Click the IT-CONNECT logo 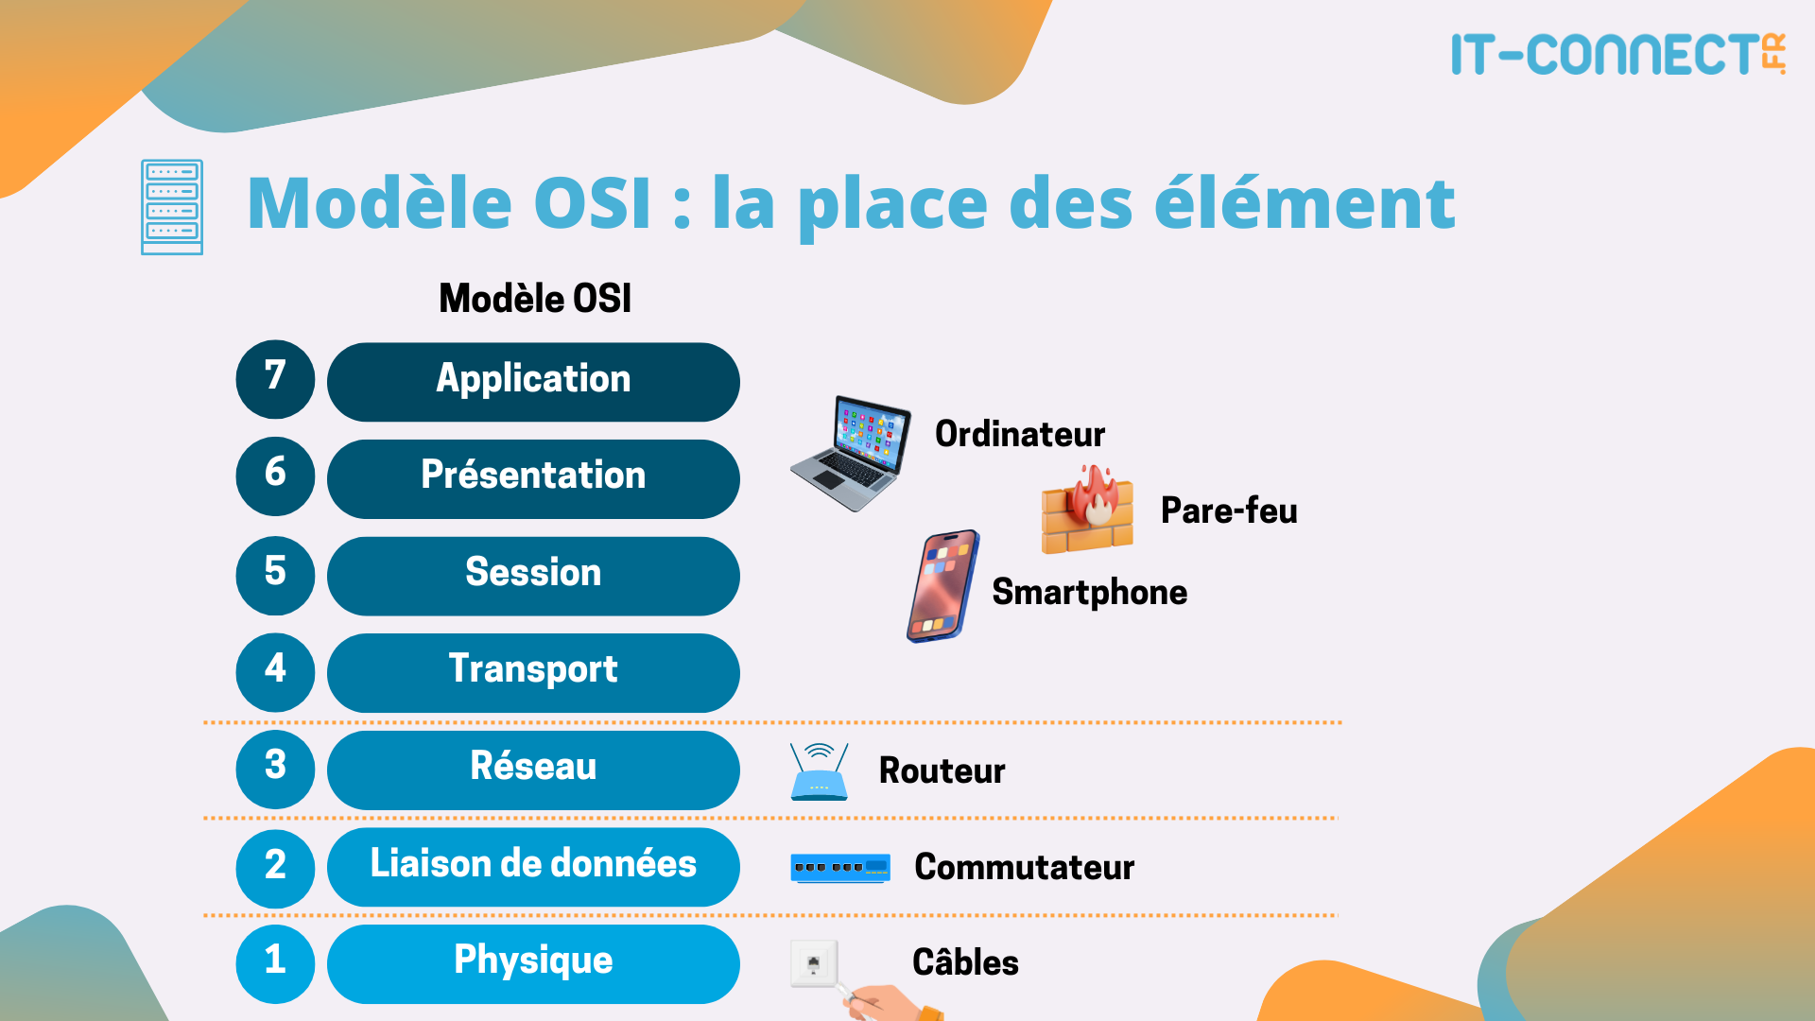[x=1617, y=54]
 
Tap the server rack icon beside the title [x=172, y=207]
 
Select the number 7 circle [x=275, y=379]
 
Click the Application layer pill [x=533, y=381]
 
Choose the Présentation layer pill [x=533, y=478]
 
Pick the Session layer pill [x=533, y=576]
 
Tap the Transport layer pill [x=533, y=672]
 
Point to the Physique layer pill [x=533, y=963]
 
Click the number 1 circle [x=275, y=963]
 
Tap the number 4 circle [x=275, y=672]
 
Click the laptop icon [x=852, y=453]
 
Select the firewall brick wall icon [x=1088, y=510]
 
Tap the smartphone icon [x=942, y=586]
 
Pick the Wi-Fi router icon [x=819, y=772]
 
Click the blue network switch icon [x=840, y=867]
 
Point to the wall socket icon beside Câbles [x=814, y=965]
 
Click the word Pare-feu [x=1229, y=510]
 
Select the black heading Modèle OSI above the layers [x=535, y=299]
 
